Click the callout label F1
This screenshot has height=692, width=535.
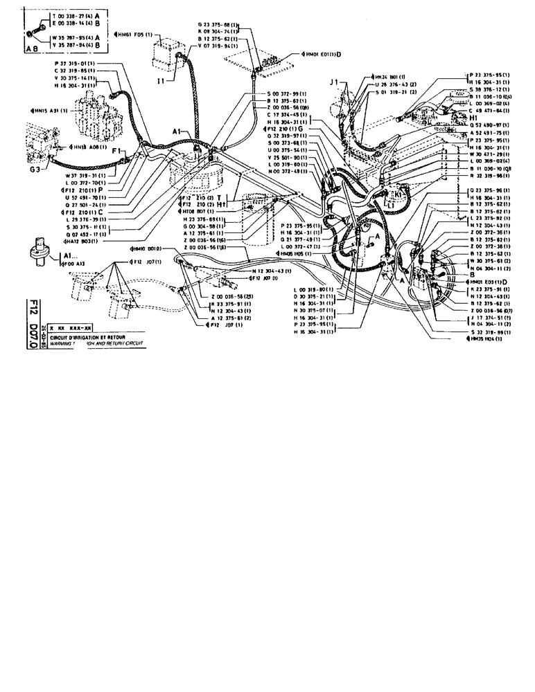(x=117, y=149)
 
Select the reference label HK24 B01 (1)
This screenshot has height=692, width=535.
(x=387, y=76)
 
